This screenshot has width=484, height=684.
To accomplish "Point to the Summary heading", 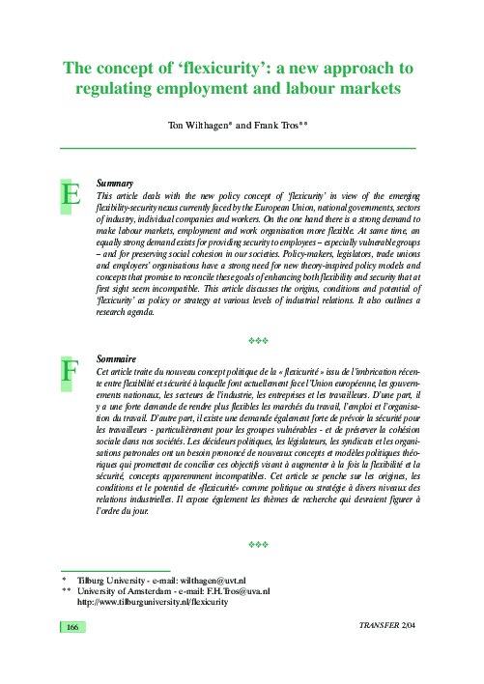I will (x=115, y=183).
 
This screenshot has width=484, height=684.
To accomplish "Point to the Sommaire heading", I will (x=117, y=358).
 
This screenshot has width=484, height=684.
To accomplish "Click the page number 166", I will (x=71, y=628).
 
